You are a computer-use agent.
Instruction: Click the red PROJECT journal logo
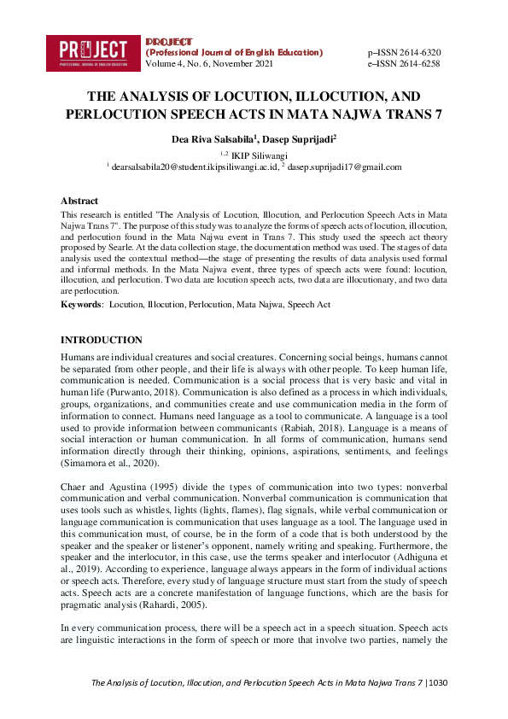pyautogui.click(x=93, y=52)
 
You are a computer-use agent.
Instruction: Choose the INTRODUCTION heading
pyautogui.click(x=101, y=340)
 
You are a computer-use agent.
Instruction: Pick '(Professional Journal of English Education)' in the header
pyautogui.click(x=235, y=52)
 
